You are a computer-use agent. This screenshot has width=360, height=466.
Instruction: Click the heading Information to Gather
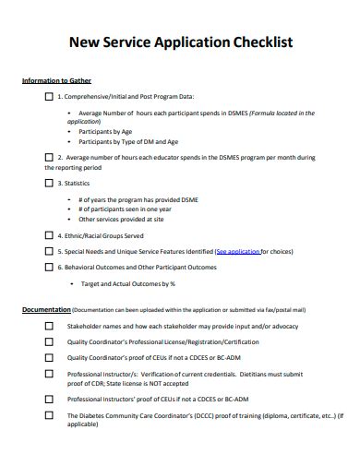(56, 80)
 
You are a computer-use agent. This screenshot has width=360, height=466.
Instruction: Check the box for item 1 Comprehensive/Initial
(49, 96)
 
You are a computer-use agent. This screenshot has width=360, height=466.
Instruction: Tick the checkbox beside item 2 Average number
(49, 158)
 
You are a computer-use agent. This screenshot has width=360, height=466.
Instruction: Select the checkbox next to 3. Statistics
(49, 183)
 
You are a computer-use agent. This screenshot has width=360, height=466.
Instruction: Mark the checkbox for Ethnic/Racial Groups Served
(49, 235)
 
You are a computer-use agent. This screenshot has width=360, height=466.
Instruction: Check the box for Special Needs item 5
(49, 251)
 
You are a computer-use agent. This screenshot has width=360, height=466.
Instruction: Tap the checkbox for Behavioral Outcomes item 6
(49, 267)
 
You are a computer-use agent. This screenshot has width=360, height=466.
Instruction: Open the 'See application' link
(237, 251)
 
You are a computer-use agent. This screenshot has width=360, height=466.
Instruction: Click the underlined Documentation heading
(45, 309)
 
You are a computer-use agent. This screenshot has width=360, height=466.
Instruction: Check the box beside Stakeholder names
(49, 326)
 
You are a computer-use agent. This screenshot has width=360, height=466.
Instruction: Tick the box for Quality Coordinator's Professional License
(49, 341)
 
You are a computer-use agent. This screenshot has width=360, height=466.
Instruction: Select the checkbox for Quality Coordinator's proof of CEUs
(49, 357)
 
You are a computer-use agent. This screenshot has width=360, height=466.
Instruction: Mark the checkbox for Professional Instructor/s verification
(49, 374)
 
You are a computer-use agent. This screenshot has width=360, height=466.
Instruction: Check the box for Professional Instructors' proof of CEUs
(49, 399)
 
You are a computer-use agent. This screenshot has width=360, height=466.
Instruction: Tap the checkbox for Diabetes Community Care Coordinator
(49, 415)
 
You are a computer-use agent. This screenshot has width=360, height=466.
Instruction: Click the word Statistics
(78, 183)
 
